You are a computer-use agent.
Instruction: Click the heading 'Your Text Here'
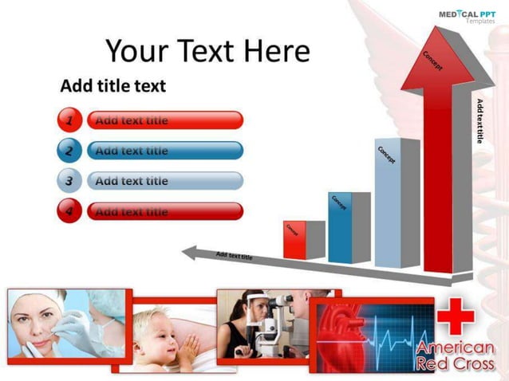click(207, 51)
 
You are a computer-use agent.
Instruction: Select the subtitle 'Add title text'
click(112, 85)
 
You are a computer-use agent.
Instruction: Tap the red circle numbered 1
click(69, 120)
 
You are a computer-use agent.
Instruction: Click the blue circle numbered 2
click(69, 151)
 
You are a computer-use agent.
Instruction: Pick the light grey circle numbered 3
click(69, 181)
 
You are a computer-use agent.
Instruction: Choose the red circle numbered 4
click(69, 211)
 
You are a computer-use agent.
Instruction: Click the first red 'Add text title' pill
click(164, 120)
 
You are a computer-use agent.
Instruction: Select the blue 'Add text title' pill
click(164, 151)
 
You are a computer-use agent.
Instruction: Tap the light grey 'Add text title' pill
click(164, 181)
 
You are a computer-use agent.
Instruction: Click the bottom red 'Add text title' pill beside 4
click(164, 211)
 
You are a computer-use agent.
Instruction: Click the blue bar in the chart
click(340, 228)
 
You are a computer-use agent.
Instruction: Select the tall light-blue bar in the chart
click(387, 203)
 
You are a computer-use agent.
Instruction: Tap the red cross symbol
click(455, 316)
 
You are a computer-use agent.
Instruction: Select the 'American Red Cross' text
click(455, 356)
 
